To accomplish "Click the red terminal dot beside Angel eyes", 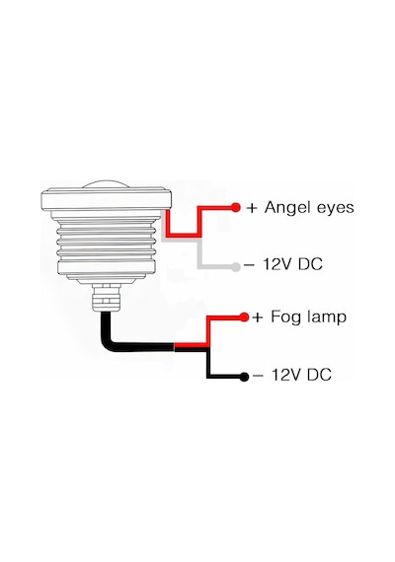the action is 236,207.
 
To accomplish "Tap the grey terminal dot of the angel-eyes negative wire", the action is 236,266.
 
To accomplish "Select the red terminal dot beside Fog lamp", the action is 244,317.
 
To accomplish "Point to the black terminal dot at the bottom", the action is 244,377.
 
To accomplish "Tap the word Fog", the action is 285,317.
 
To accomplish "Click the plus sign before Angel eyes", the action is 252,208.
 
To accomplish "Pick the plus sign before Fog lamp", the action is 258,317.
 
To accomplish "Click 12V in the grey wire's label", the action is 277,264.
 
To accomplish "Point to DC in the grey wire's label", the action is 310,264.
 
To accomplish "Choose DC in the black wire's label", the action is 319,375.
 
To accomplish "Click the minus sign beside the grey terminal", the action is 249,265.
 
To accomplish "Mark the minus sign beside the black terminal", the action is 258,376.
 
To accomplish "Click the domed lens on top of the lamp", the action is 106,184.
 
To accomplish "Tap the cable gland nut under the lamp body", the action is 106,298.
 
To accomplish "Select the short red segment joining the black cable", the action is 191,345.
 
